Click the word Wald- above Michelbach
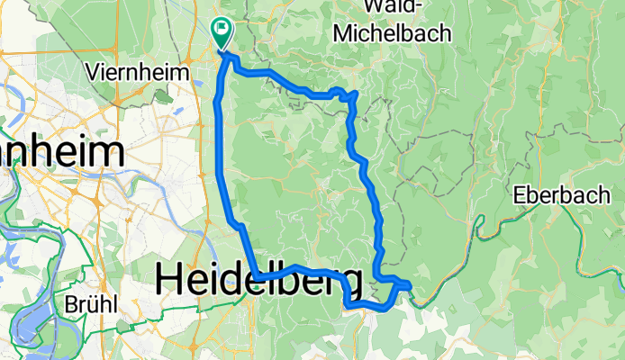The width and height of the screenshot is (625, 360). pyautogui.click(x=391, y=11)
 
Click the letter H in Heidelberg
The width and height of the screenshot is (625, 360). pyautogui.click(x=168, y=281)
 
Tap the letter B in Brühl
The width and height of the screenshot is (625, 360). pyautogui.click(x=70, y=303)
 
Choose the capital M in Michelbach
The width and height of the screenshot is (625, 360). pyautogui.click(x=343, y=33)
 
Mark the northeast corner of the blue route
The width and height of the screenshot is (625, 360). pyautogui.click(x=357, y=93)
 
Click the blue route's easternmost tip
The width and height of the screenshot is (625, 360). pyautogui.click(x=411, y=285)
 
